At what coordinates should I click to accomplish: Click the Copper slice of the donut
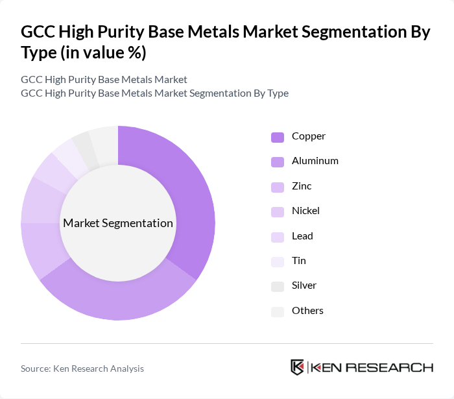(188, 195)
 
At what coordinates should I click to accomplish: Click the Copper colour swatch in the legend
(278, 137)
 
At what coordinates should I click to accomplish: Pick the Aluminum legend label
(315, 160)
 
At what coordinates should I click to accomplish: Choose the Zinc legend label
(302, 186)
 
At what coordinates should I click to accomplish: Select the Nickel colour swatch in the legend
(278, 212)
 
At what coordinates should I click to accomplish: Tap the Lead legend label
(302, 236)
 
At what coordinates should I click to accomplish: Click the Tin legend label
(299, 260)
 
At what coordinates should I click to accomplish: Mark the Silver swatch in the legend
(278, 286)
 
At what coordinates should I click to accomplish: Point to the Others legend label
(307, 310)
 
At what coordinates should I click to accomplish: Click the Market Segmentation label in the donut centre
(118, 223)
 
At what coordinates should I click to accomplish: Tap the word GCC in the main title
(39, 32)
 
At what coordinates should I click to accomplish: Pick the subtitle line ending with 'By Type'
(154, 93)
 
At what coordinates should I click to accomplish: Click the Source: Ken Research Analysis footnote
(82, 369)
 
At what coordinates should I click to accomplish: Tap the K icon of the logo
(297, 367)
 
